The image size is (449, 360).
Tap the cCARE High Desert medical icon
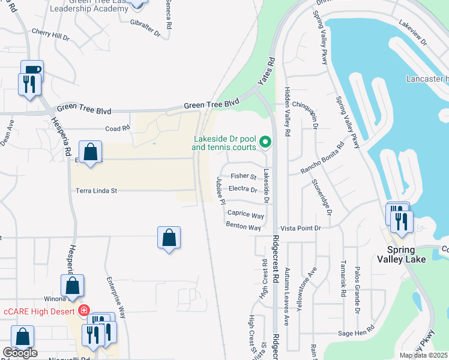click(x=84, y=311)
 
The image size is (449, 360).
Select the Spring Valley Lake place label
click(x=401, y=254)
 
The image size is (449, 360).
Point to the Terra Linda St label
click(x=96, y=190)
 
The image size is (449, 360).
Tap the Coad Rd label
click(x=118, y=128)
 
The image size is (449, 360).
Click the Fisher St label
click(x=244, y=176)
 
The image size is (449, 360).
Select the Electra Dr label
click(x=243, y=189)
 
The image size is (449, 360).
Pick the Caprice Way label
click(x=246, y=214)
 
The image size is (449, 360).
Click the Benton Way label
click(x=243, y=227)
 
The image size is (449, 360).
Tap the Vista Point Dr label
click(x=301, y=229)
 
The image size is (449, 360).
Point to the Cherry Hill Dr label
click(x=50, y=35)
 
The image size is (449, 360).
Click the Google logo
click(x=20, y=353)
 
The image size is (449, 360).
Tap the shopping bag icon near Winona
click(x=72, y=287)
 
